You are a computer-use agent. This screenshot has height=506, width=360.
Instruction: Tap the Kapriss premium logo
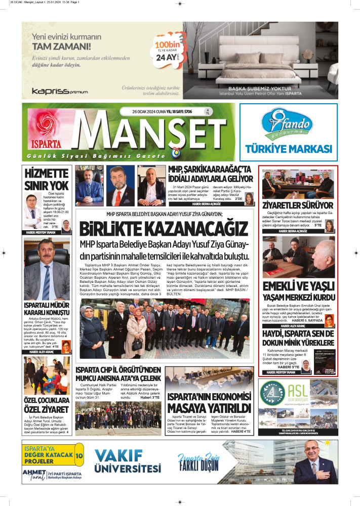[x=60, y=91]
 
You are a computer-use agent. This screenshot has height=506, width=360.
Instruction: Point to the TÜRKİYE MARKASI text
[x=288, y=149]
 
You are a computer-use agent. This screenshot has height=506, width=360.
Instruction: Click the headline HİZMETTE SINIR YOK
[x=47, y=179]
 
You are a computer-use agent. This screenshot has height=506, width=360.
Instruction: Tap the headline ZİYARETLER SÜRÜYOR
[x=297, y=205]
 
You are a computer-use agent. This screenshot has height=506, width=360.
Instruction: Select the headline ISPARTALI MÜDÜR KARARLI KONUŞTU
[x=47, y=309]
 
